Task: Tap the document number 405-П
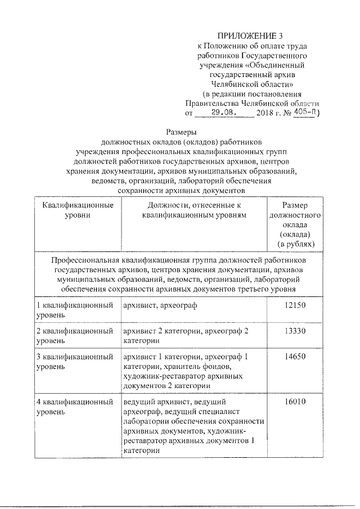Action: click(x=305, y=112)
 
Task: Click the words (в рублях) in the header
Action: click(x=295, y=244)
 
